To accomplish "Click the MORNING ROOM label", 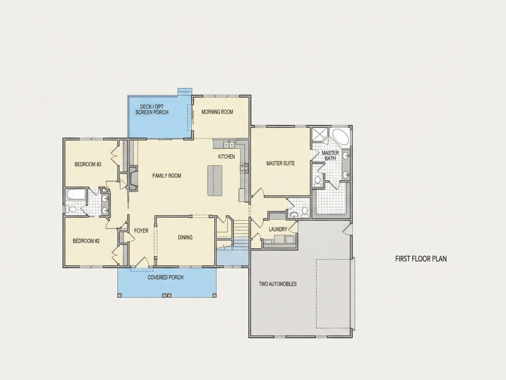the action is click(217, 112).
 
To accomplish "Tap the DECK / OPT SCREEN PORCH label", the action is click(152, 110).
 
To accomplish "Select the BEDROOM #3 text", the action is click(88, 164).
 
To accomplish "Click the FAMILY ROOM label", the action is click(167, 176).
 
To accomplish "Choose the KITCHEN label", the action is click(226, 157).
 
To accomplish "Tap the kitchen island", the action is click(215, 180).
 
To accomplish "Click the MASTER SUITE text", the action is click(281, 164).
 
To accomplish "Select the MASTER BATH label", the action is click(330, 155).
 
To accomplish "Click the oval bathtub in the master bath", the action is click(340, 137).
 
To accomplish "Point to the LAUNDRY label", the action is click(278, 229).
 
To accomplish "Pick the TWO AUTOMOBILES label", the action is click(278, 284).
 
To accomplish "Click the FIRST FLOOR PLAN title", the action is click(421, 258).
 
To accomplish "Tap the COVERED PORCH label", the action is click(166, 277).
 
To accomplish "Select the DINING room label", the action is click(185, 238).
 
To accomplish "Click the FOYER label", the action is click(141, 231).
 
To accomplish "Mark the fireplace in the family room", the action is click(133, 178).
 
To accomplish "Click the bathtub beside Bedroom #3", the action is click(76, 195).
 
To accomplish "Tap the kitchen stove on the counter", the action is click(244, 169).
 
